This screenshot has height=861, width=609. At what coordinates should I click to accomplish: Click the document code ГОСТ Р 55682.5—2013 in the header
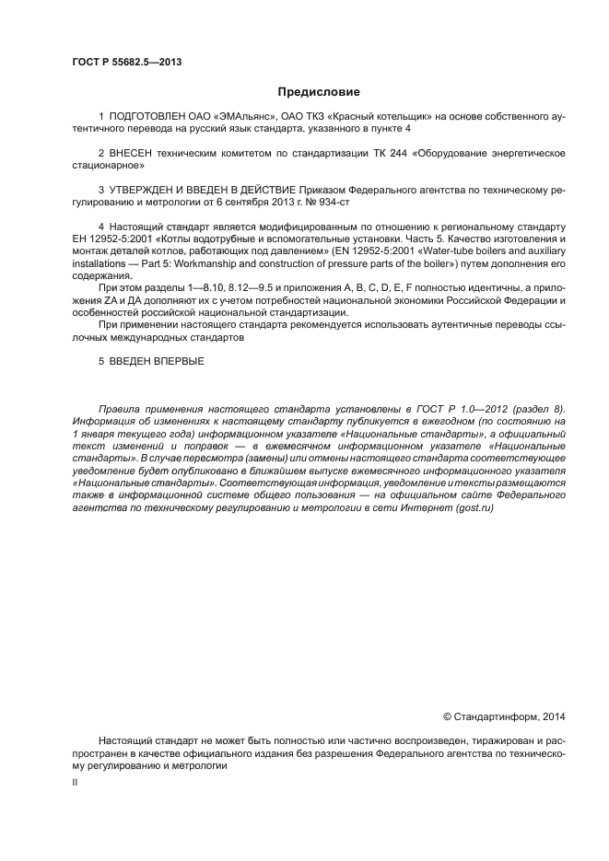[x=125, y=62]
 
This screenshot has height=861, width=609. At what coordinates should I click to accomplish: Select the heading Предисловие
[x=319, y=92]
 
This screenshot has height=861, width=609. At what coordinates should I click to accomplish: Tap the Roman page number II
[x=75, y=782]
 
